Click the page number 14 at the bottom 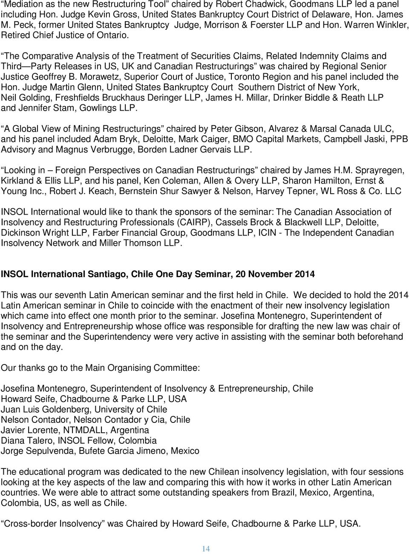[206, 549]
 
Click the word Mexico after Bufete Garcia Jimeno [185, 451]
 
